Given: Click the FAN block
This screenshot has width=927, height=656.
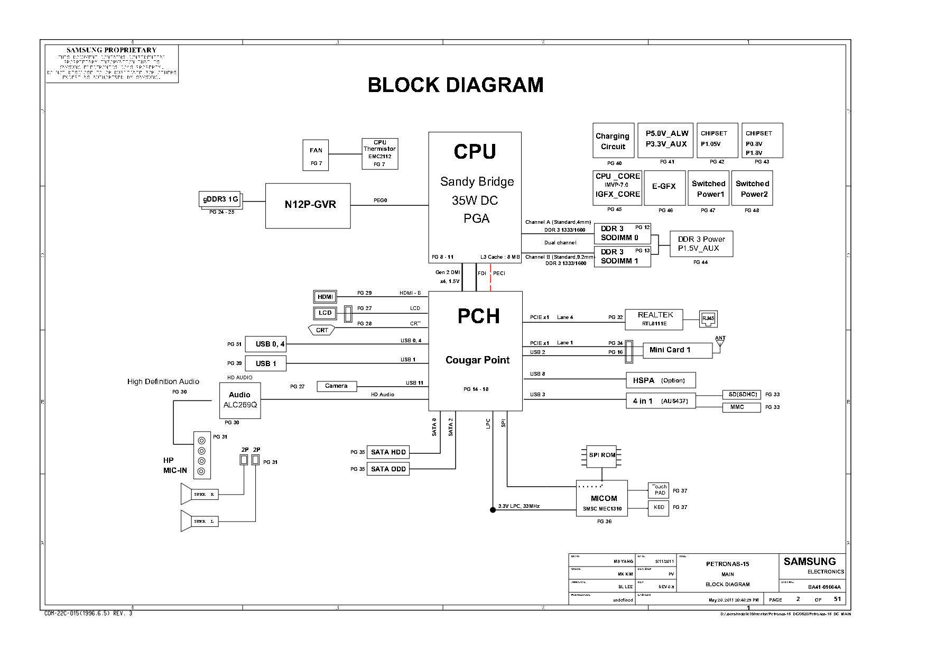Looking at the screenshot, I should pyautogui.click(x=316, y=155).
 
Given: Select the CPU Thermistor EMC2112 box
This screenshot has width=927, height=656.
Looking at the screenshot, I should pyautogui.click(x=379, y=153).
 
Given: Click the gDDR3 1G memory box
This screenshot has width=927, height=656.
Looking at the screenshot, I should pyautogui.click(x=220, y=199).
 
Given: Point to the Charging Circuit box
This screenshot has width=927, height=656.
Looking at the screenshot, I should pyautogui.click(x=613, y=141).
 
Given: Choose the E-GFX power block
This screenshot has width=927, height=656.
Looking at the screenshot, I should pyautogui.click(x=664, y=187).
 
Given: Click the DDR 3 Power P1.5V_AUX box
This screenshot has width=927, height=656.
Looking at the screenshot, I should pyautogui.click(x=701, y=244).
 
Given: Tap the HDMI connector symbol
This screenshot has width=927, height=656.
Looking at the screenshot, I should pyautogui.click(x=325, y=297).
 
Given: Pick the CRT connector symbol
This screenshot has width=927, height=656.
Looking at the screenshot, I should pyautogui.click(x=322, y=330).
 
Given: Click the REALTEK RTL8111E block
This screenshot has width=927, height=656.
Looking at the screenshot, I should pyautogui.click(x=654, y=318).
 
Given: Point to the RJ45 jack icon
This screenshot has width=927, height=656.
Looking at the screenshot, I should pyautogui.click(x=708, y=318).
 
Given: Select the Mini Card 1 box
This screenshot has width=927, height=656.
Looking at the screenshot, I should pyautogui.click(x=677, y=350).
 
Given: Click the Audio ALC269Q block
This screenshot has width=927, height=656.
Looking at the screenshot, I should pyautogui.click(x=240, y=400).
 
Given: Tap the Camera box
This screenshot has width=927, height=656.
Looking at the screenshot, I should pyautogui.click(x=337, y=386).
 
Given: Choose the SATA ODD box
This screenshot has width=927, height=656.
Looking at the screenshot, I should pyautogui.click(x=388, y=469).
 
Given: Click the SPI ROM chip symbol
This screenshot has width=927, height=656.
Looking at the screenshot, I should pyautogui.click(x=602, y=455).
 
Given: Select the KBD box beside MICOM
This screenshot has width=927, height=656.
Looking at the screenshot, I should pyautogui.click(x=659, y=508).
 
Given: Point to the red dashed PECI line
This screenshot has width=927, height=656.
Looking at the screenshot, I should pyautogui.click(x=490, y=278).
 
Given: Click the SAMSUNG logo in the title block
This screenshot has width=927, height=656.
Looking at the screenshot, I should pyautogui.click(x=809, y=561).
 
